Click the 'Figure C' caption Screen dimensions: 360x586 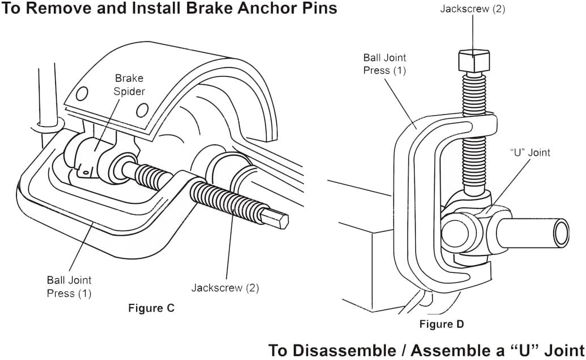click(151, 308)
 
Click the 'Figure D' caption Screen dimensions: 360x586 click(442, 324)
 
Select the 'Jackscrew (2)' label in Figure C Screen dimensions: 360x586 click(225, 288)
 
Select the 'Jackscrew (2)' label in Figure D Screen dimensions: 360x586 click(472, 9)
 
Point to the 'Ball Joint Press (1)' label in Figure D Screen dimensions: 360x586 click(385, 64)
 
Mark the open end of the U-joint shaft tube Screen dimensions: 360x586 click(561, 233)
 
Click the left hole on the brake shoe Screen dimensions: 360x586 click(81, 94)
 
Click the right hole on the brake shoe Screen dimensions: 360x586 click(142, 110)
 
